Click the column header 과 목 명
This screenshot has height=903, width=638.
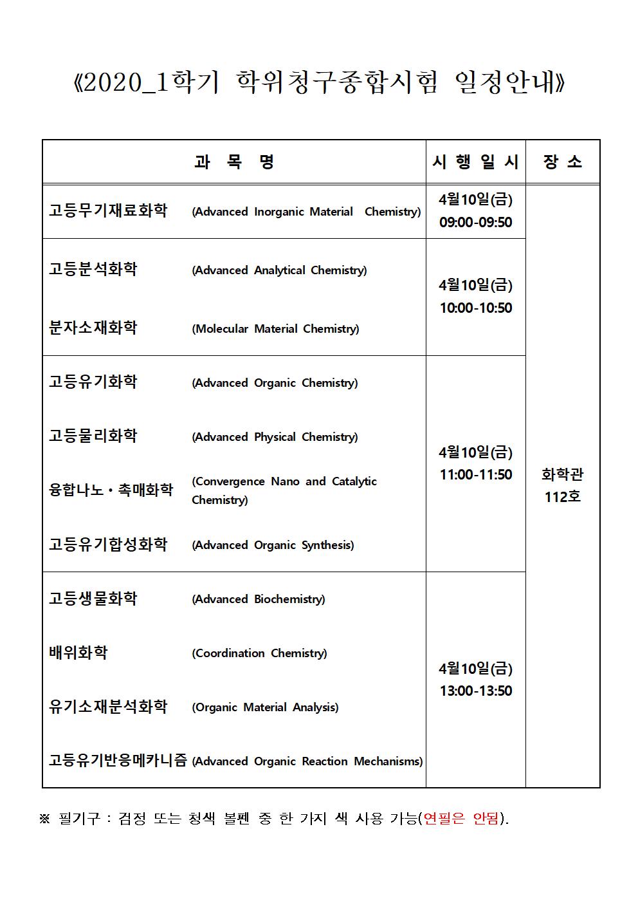[x=234, y=162]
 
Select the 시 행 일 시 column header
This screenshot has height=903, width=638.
[x=475, y=162]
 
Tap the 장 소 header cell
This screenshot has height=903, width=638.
[x=563, y=162]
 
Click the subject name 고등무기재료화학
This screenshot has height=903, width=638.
[x=108, y=210]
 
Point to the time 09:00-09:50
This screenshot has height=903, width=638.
[x=475, y=222]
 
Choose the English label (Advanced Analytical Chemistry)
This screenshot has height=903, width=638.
[x=279, y=270]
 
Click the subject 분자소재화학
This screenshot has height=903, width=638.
[x=93, y=328]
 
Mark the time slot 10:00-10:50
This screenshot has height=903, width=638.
[x=475, y=308]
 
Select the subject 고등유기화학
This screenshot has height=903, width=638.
[x=93, y=382]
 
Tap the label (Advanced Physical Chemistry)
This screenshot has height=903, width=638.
[x=275, y=437]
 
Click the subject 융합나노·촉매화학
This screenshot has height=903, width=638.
[x=111, y=490]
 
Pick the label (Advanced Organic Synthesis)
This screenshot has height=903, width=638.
[x=273, y=545]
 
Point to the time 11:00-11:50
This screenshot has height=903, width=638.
[x=475, y=474]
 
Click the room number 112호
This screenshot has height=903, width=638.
[x=563, y=497]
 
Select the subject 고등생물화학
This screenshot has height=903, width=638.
[x=93, y=599]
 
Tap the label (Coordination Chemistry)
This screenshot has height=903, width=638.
[x=259, y=653]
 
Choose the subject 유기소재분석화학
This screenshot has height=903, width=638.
[x=108, y=707]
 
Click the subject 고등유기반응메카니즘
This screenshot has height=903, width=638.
[x=118, y=761]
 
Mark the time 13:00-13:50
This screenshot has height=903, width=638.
[x=475, y=691]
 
